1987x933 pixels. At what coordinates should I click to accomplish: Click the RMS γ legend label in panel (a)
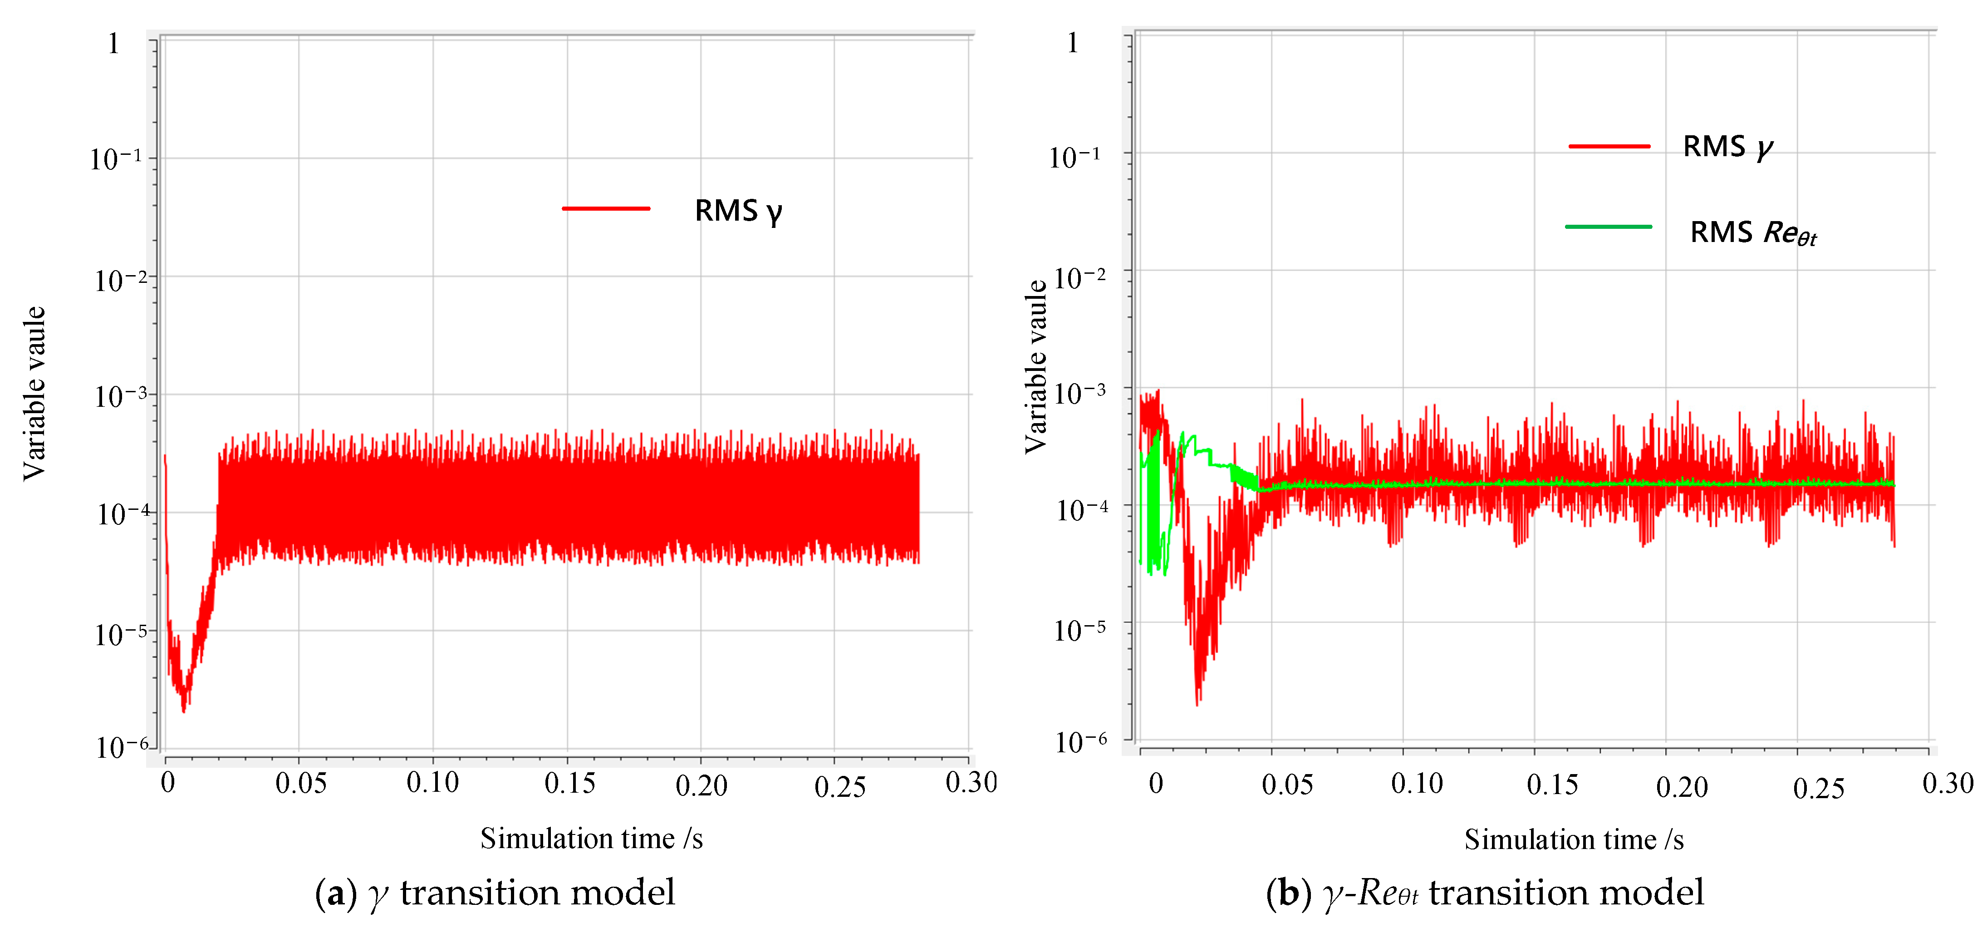(x=738, y=211)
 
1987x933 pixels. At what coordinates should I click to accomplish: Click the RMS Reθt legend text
(x=1752, y=232)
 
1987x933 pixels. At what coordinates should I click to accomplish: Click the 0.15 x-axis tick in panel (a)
(x=569, y=783)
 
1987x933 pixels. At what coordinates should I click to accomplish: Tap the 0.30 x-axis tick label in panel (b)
(x=1947, y=783)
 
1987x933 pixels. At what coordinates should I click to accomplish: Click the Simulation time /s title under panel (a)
(x=591, y=838)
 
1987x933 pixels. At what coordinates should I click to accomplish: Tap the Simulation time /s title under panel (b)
(x=1574, y=839)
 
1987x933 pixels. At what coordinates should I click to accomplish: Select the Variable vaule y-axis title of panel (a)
(x=34, y=394)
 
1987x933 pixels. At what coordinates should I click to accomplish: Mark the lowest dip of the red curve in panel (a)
(x=184, y=710)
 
